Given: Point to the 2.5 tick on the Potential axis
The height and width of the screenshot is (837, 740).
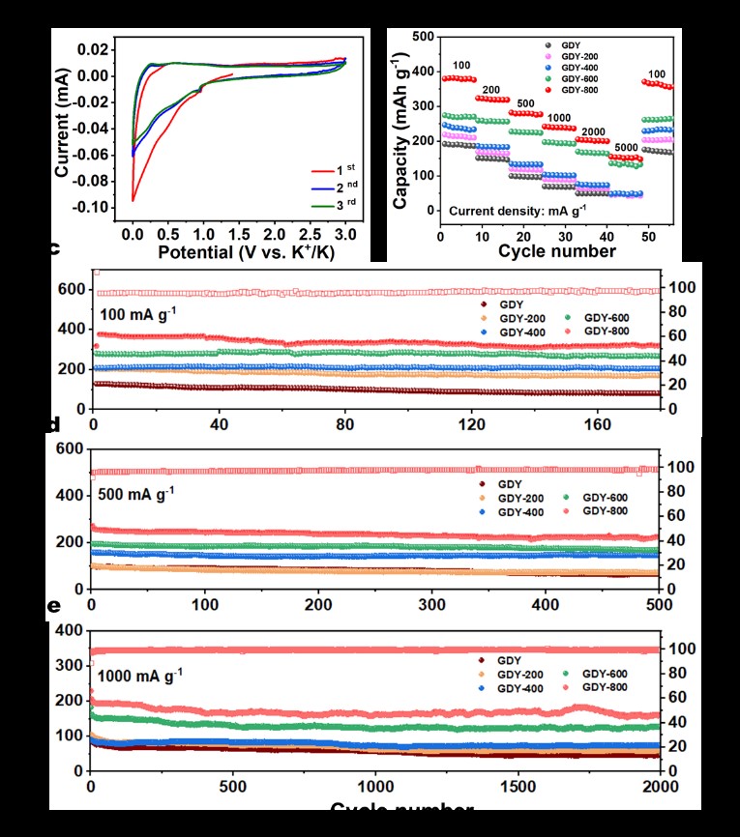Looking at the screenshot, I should (x=310, y=234).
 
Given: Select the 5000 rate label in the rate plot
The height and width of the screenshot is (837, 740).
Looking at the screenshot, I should (x=626, y=149).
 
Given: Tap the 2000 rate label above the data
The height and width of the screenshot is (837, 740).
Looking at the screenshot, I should (x=593, y=132).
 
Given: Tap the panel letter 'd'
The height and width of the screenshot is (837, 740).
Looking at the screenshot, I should (x=54, y=424).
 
